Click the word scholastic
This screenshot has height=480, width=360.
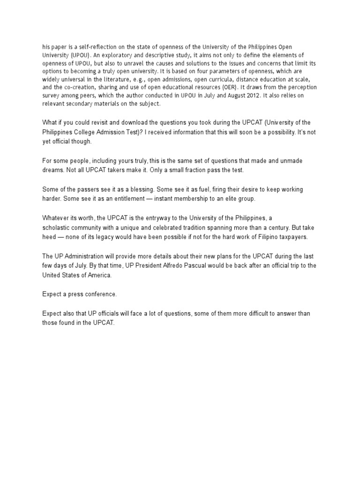57,227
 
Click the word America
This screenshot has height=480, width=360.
99,275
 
